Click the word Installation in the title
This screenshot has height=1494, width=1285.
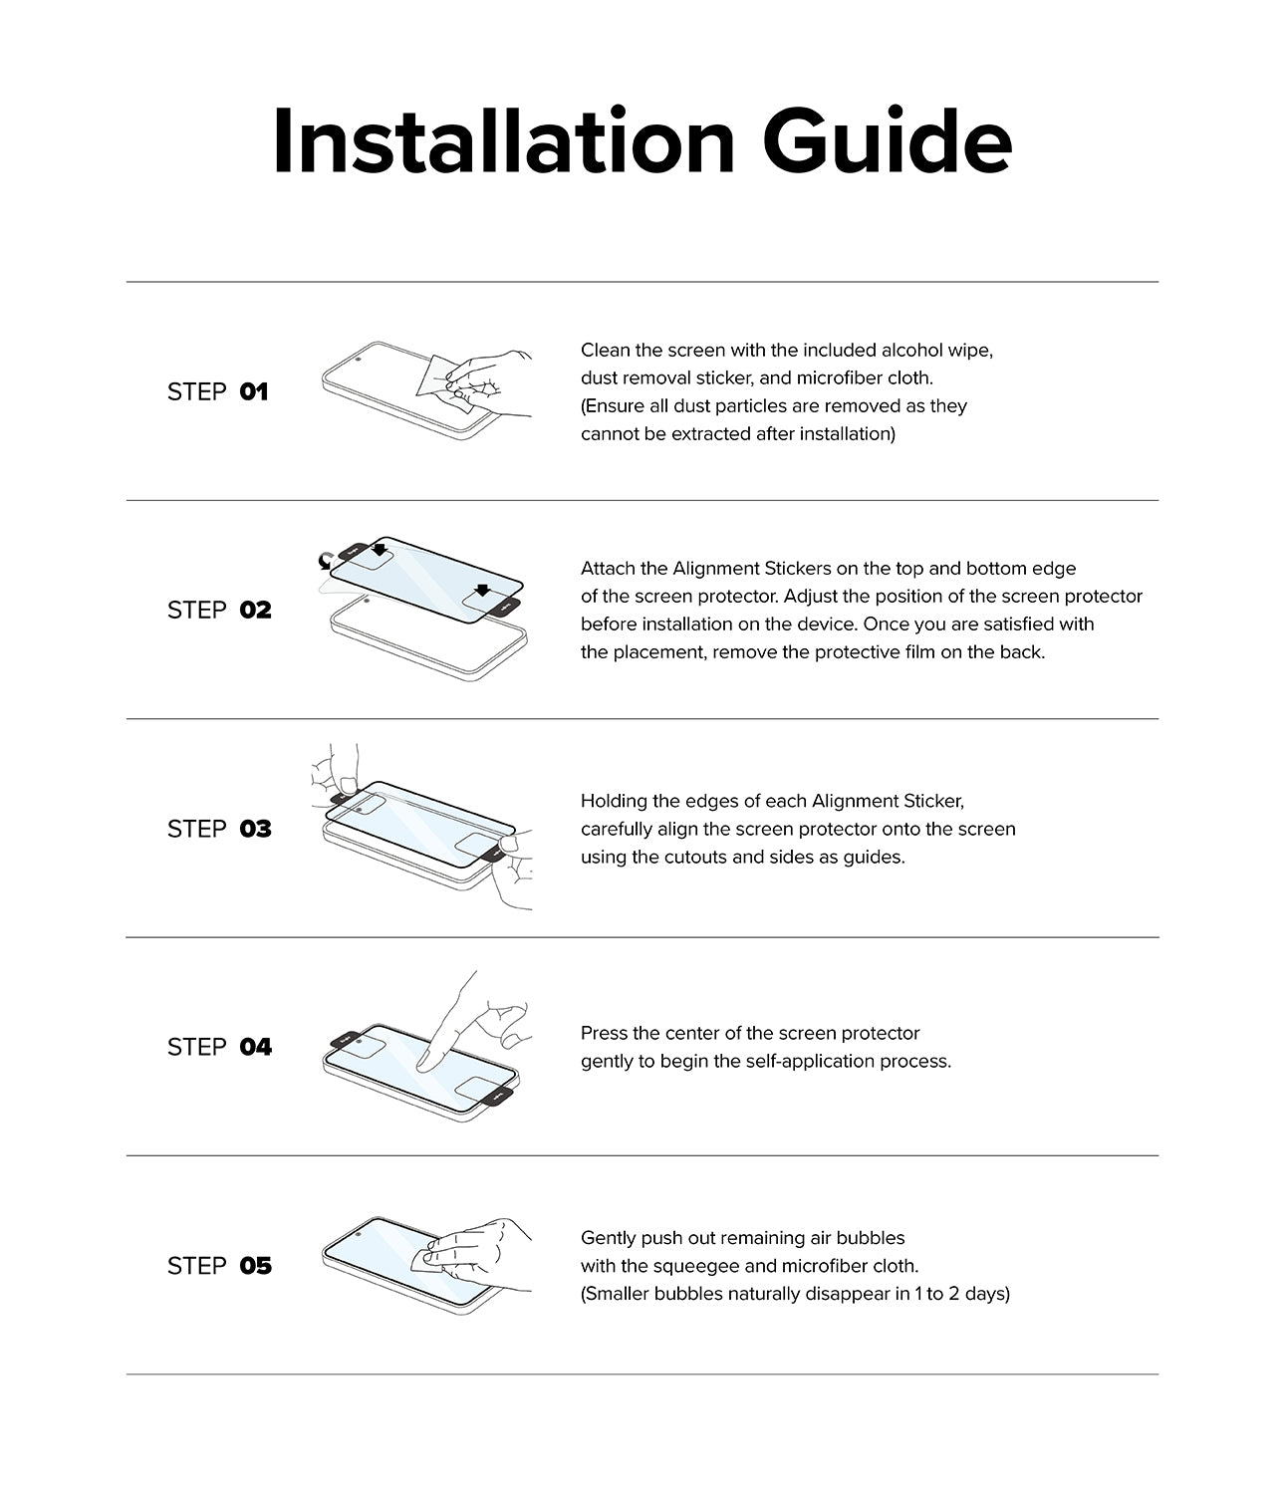coord(503,142)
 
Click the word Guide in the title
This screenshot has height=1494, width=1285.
coord(888,142)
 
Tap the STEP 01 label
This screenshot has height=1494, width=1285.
coord(217,392)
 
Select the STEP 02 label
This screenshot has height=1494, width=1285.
coord(219,611)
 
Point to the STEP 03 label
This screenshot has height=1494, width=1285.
coord(219,829)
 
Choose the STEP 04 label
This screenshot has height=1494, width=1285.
coord(219,1047)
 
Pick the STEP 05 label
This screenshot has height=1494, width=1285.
coord(219,1266)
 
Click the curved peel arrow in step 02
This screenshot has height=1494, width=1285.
coord(324,563)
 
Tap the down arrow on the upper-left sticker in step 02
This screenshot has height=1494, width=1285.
coord(379,549)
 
